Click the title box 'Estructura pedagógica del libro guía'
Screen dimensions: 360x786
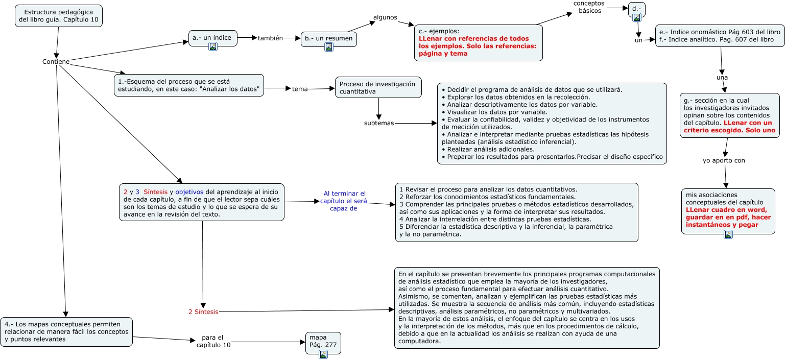tap(58, 16)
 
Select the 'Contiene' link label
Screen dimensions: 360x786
tap(56, 62)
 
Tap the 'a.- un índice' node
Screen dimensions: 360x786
tap(212, 37)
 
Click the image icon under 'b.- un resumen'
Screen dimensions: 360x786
tap(329, 47)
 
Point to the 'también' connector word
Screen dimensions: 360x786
tap(270, 38)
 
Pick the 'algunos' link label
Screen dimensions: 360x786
tap(385, 17)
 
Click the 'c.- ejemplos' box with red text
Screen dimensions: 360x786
tap(478, 43)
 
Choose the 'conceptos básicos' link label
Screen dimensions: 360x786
tap(589, 7)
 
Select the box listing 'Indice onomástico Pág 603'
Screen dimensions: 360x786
tap(720, 36)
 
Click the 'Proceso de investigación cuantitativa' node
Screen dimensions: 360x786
tap(378, 87)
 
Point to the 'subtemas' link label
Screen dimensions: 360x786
tap(379, 123)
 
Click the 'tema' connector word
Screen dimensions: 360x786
tap(300, 89)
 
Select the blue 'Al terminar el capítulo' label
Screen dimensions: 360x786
tap(345, 201)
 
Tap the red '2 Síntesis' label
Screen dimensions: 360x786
tap(203, 311)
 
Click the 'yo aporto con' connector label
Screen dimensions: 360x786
tap(724, 160)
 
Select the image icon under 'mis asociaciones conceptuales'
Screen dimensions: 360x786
tap(728, 234)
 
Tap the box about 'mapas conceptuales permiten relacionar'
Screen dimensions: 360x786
tap(66, 331)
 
